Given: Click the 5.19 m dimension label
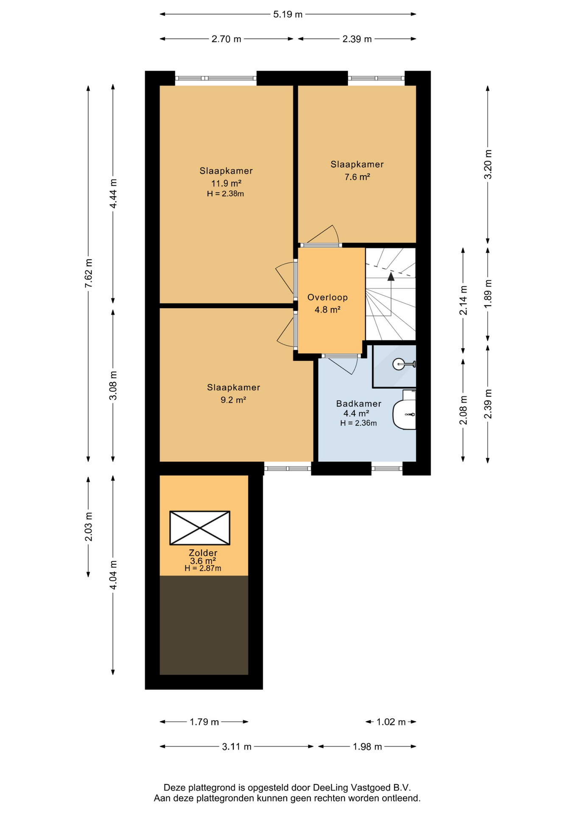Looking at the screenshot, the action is pos(288,14).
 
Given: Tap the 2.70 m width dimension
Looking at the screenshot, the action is pos(226,39).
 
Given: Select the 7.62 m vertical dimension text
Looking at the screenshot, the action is pos(89,273).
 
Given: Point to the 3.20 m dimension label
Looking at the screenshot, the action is pos(488,164).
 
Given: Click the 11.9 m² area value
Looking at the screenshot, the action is pos(226,183).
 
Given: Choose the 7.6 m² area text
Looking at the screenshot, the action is pos(357,177).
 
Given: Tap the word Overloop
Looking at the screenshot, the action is pos(327,297).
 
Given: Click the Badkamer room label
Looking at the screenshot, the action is pos(358,404).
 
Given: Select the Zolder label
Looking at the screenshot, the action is pos(203,553).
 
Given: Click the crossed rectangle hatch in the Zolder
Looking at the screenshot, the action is pos(200,528).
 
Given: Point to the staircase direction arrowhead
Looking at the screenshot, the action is pos(391,276).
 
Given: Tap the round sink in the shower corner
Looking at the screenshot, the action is pos(399,364).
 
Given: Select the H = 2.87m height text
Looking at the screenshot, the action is pos(203,569).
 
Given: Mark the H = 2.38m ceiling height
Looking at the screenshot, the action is pos(225,194).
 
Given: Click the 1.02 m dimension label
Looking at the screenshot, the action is pos(391,722).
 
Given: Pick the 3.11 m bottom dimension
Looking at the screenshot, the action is pos(237,747).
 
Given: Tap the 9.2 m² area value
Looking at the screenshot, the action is pos(233,400).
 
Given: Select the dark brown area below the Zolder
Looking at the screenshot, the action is pos(204,625).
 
